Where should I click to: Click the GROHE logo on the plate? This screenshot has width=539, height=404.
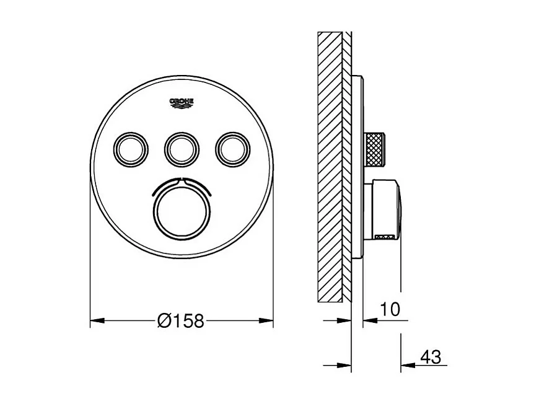(182, 102)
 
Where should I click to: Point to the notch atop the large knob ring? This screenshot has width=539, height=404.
(182, 181)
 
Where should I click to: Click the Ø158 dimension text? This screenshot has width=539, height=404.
(181, 321)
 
